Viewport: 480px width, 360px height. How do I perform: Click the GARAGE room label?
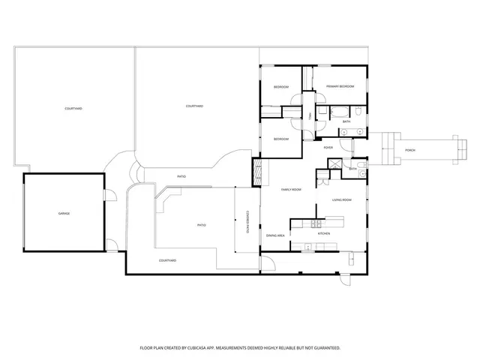pyautogui.click(x=64, y=214)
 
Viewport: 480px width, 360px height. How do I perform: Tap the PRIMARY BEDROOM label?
pyautogui.click(x=340, y=87)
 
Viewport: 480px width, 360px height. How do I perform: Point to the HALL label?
pyautogui.click(x=309, y=115)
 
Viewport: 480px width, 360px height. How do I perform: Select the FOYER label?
pyautogui.click(x=328, y=148)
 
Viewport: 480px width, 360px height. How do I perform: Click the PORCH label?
pyautogui.click(x=409, y=150)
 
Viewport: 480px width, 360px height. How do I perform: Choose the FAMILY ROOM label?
pyautogui.click(x=291, y=190)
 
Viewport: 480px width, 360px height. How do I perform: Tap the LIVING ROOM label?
pyautogui.click(x=343, y=200)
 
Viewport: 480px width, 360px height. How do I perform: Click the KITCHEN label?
pyautogui.click(x=323, y=234)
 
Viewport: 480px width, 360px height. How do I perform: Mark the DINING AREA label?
pyautogui.click(x=274, y=235)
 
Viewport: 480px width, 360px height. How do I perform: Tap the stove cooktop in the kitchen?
pyautogui.click(x=316, y=223)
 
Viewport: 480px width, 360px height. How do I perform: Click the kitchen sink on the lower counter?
pyautogui.click(x=307, y=247)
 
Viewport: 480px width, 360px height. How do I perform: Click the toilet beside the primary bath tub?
pyautogui.click(x=359, y=112)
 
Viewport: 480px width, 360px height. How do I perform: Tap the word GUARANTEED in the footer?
pyautogui.click(x=325, y=348)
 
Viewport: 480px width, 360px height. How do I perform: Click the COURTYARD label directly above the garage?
pyautogui.click(x=73, y=109)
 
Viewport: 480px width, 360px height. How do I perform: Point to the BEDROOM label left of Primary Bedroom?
pyautogui.click(x=281, y=88)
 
